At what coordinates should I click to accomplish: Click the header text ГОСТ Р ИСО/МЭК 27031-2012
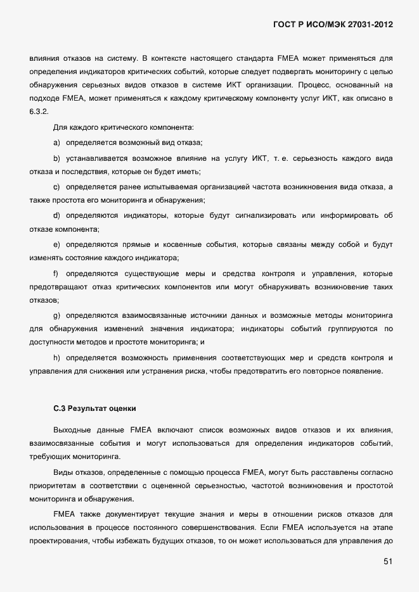click(x=333, y=25)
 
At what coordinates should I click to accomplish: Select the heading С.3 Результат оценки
click(x=94, y=408)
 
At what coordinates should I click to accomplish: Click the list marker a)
click(x=57, y=142)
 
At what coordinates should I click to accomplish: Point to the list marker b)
click(x=57, y=158)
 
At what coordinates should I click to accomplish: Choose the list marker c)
click(x=57, y=186)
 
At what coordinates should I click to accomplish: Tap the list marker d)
click(x=57, y=215)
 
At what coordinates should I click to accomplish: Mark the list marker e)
click(x=57, y=244)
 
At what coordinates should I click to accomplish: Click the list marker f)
click(x=56, y=273)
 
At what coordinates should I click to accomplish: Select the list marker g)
click(x=57, y=315)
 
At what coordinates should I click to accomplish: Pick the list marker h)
click(x=57, y=358)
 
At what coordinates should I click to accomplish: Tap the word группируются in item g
click(x=352, y=329)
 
